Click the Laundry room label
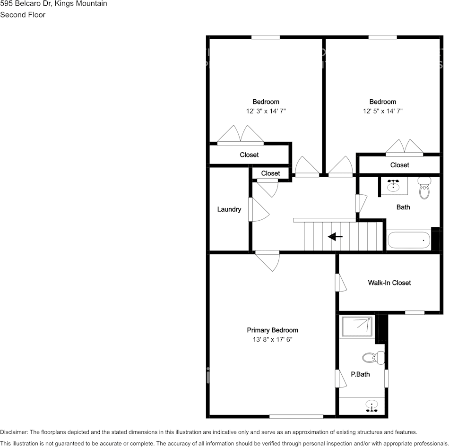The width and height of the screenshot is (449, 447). coord(229,209)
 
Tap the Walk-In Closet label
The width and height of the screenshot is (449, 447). coord(389,283)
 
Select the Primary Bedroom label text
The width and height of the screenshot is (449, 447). coord(272,330)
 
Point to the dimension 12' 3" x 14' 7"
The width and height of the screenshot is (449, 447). coord(266,111)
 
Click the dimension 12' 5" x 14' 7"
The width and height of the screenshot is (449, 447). coord(382,111)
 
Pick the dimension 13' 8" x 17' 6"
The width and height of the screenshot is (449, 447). coord(272,339)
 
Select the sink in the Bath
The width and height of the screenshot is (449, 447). coord(393,186)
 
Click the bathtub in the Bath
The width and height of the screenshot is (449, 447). coord(409,240)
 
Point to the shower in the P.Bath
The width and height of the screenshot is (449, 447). coord(357,327)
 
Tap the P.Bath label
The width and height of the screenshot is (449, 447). coord(360,375)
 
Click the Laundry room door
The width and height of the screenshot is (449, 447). coord(257,209)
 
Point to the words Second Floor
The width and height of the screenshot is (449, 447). coord(23,15)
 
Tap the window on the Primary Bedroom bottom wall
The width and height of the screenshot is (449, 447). coord(296,416)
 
